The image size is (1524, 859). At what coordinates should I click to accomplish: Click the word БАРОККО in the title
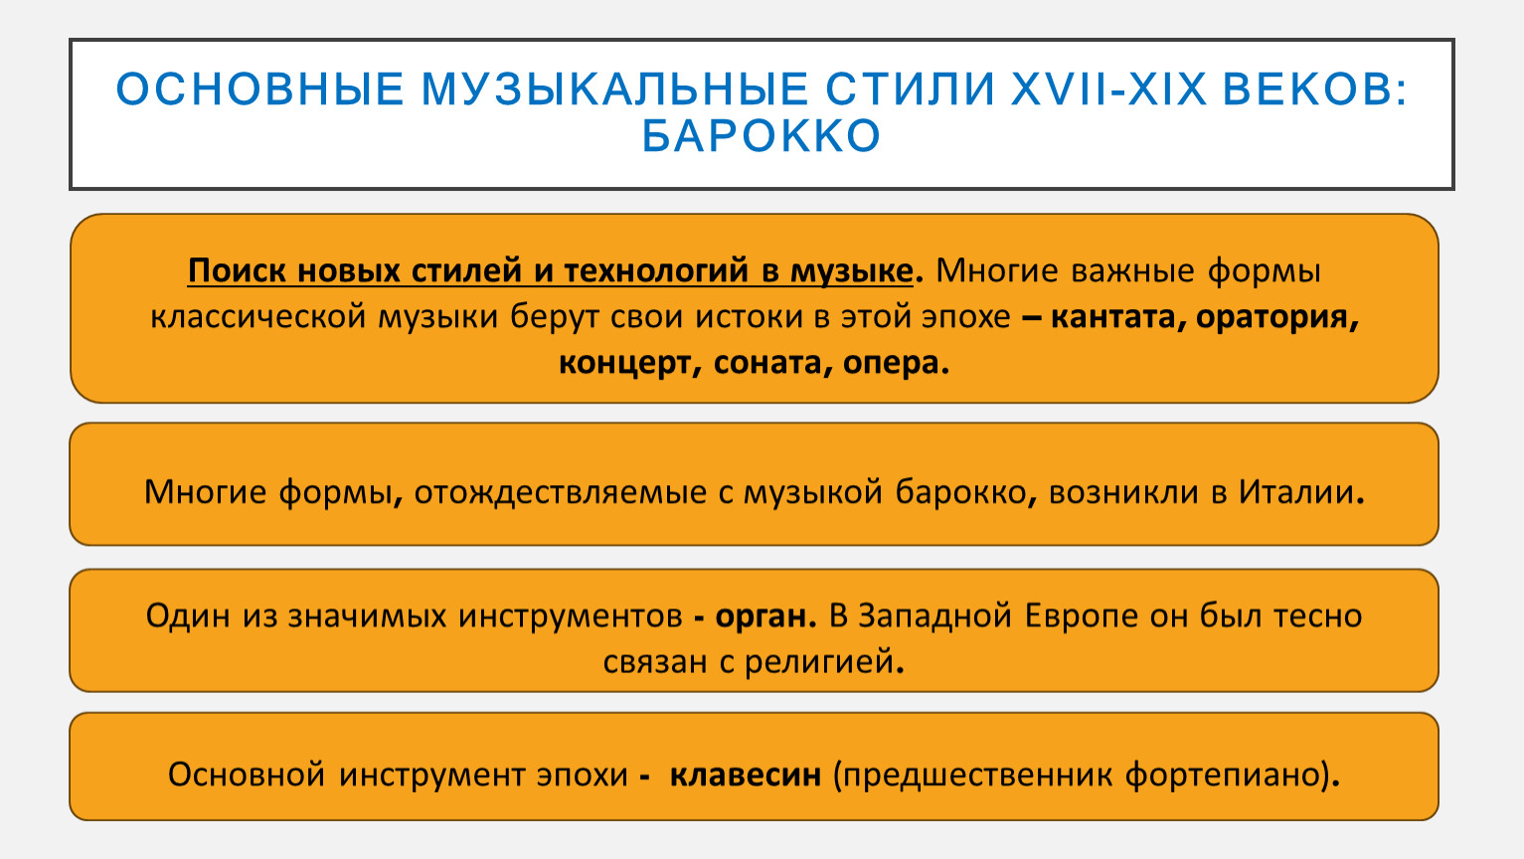(x=762, y=135)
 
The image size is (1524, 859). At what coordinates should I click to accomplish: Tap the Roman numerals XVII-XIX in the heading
(x=1109, y=89)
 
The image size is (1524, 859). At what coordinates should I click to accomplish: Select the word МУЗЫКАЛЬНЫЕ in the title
(x=615, y=89)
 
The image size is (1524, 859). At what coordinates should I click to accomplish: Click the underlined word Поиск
(x=237, y=270)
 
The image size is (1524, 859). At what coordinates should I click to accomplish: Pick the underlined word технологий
(x=656, y=271)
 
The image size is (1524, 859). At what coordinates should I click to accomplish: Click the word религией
(x=824, y=661)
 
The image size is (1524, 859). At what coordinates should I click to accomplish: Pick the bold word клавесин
(x=746, y=774)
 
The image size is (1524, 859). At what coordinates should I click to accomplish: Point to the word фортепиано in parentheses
(x=1224, y=775)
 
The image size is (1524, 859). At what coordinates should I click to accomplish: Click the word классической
(x=257, y=317)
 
